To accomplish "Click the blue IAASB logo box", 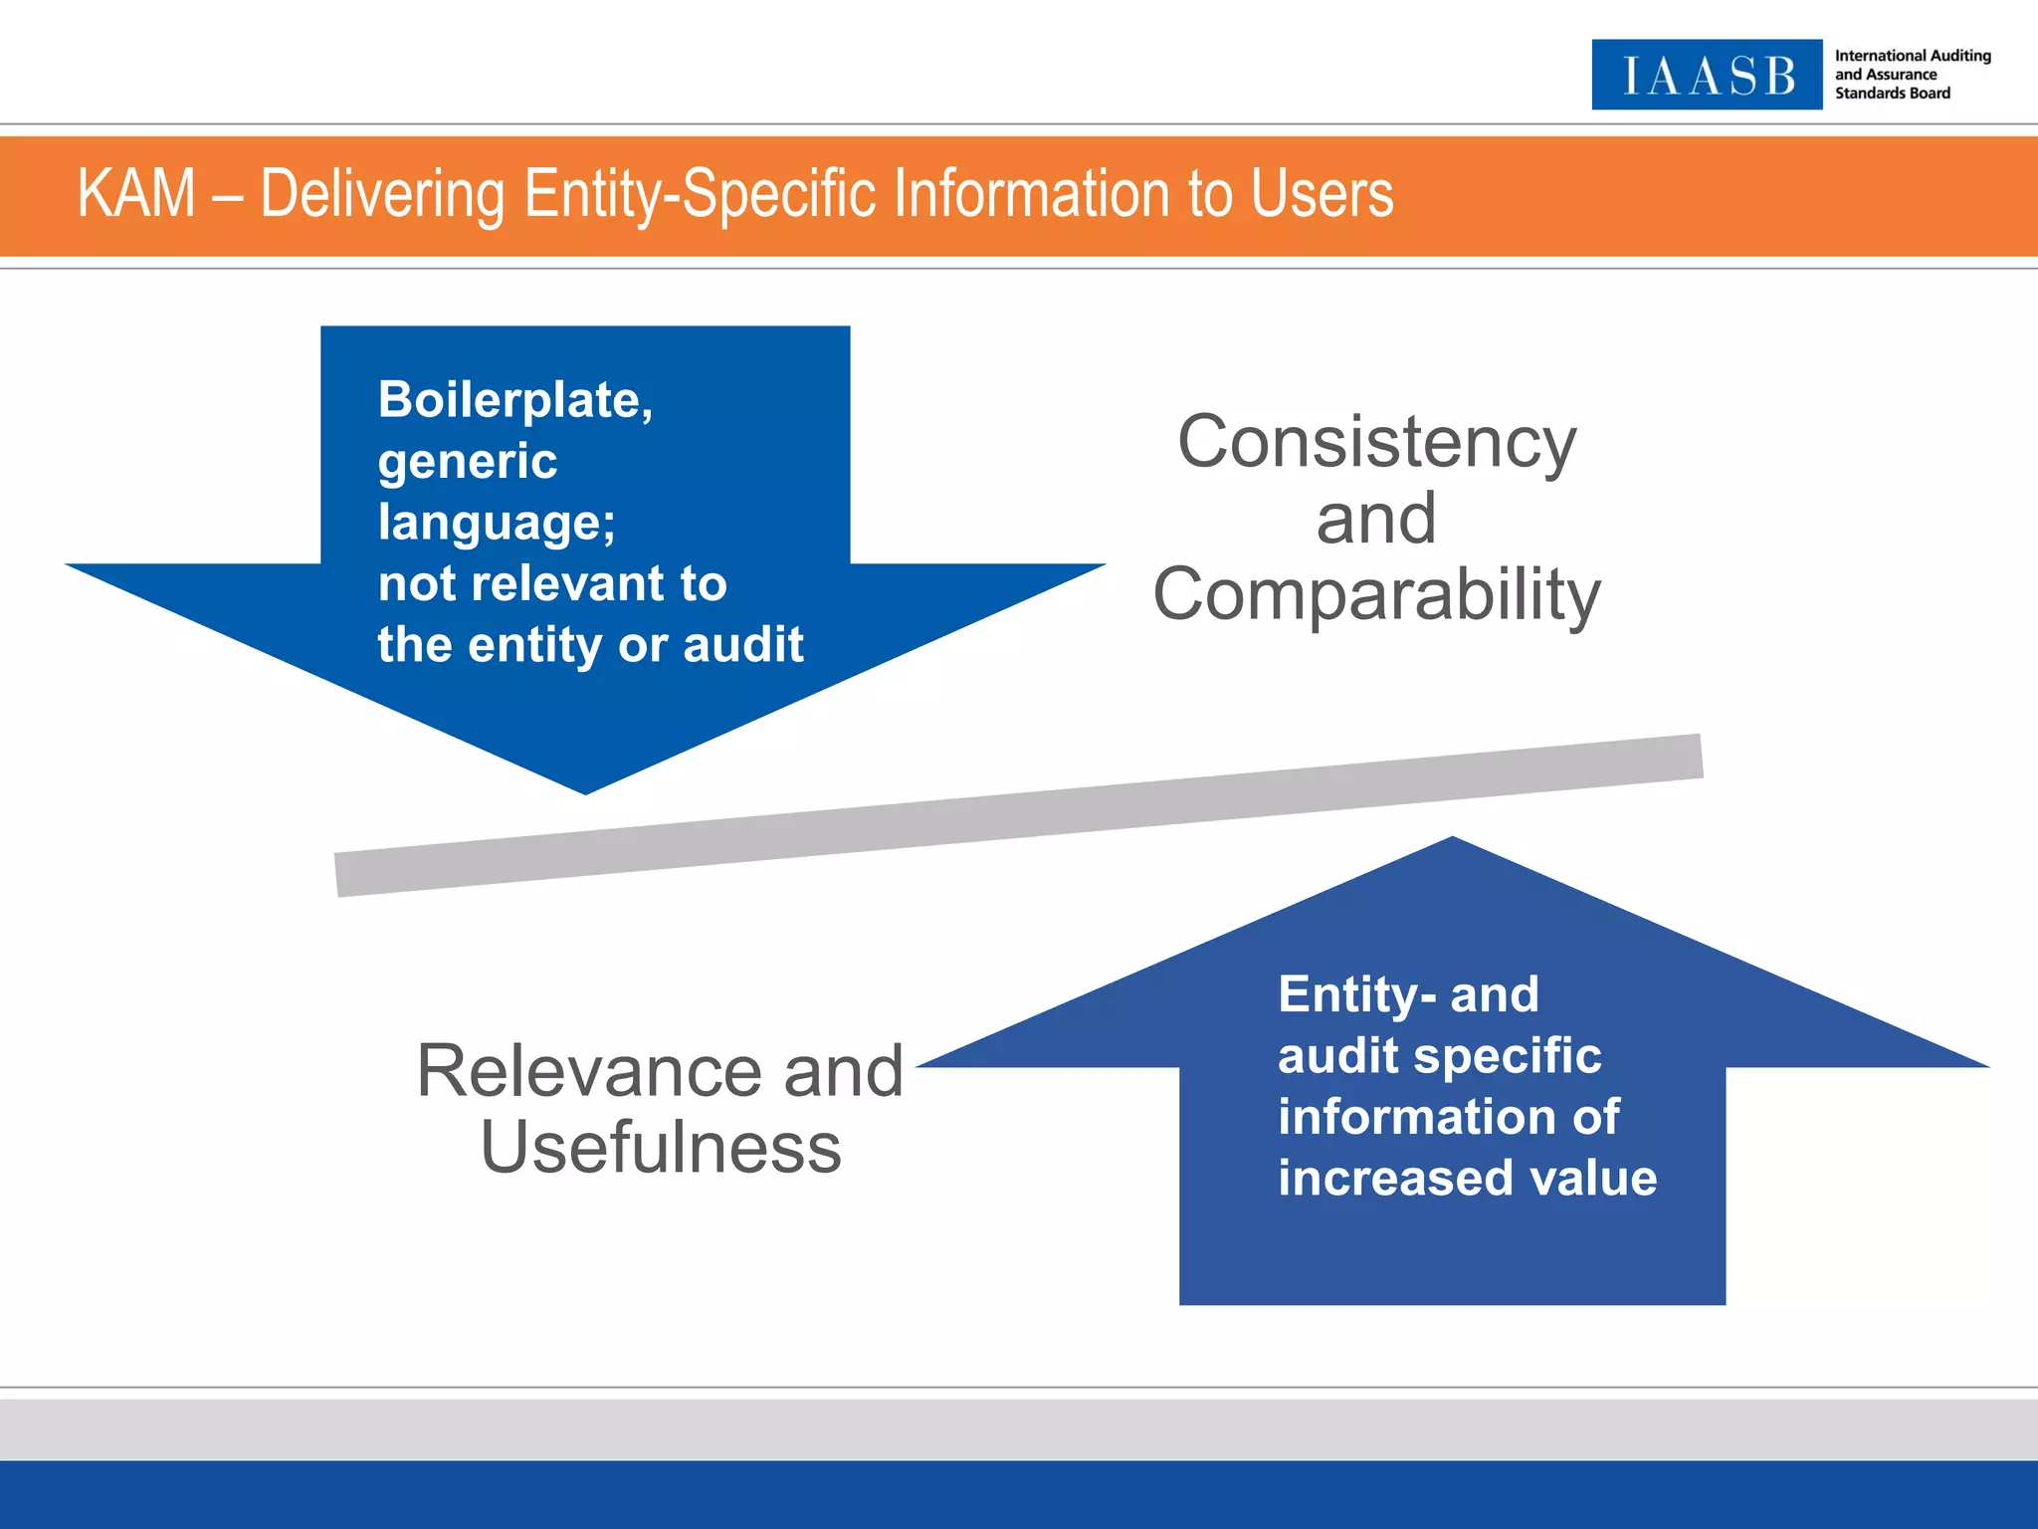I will (x=1706, y=75).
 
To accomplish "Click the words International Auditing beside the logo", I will (x=1912, y=56).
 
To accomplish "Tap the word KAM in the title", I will (x=136, y=193).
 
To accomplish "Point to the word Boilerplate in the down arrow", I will (x=514, y=400).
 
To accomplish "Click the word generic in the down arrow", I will (x=468, y=461).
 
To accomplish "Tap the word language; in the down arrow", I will (x=497, y=523).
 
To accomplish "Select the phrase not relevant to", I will (x=552, y=583).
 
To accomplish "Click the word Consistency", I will (x=1376, y=442).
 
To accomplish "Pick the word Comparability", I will (x=1376, y=594).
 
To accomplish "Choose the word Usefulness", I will (x=661, y=1148).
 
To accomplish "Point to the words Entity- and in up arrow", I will (x=1408, y=994).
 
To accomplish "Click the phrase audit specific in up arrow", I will (x=1439, y=1056).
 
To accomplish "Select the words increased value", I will (x=1467, y=1179).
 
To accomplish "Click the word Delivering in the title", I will (x=382, y=193).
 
